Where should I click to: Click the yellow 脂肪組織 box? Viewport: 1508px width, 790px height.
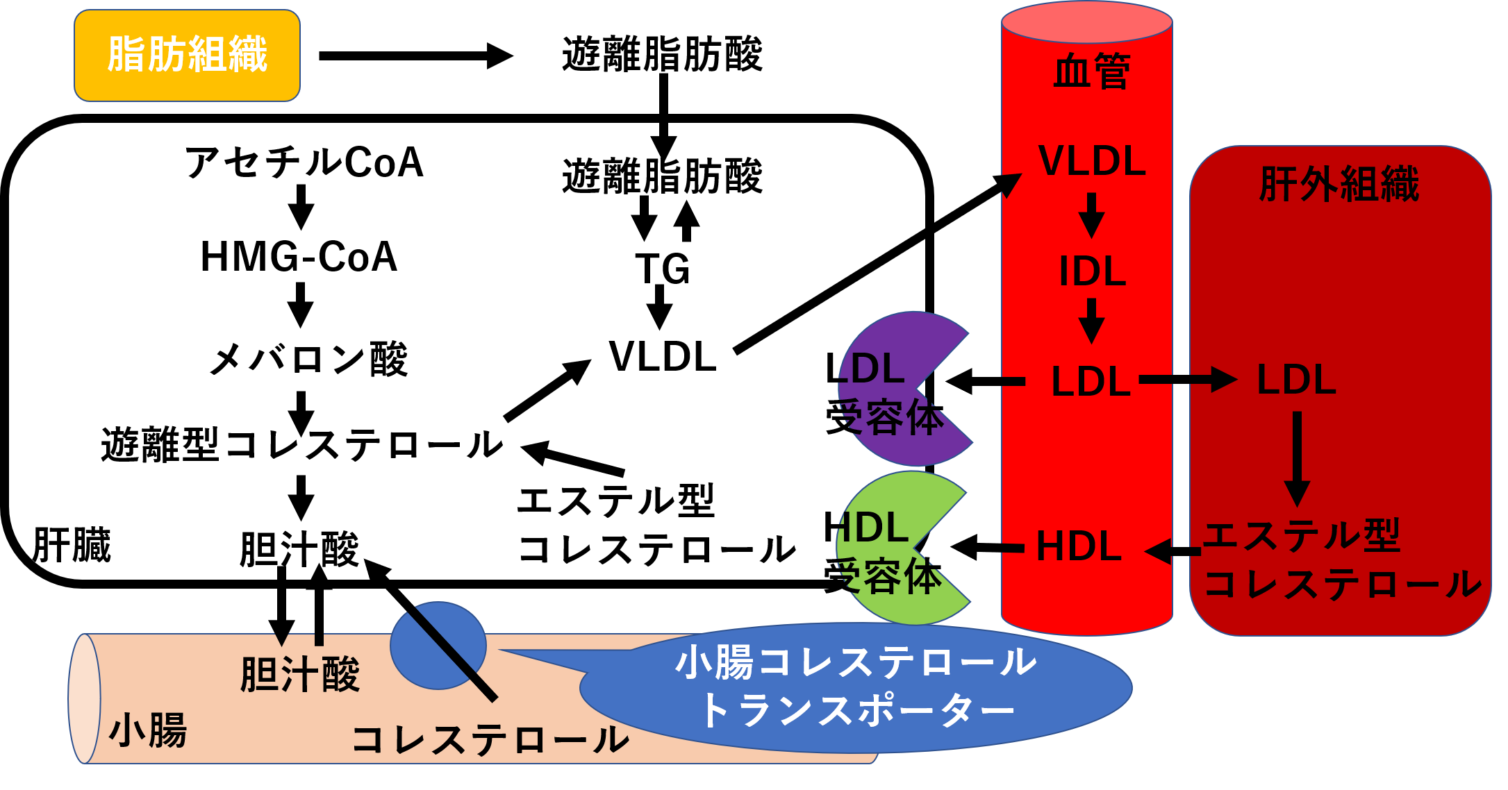(187, 56)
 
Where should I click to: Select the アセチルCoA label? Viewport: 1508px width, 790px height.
(304, 163)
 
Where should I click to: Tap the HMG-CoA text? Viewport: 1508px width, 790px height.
(299, 257)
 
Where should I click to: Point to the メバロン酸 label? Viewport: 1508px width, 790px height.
(308, 360)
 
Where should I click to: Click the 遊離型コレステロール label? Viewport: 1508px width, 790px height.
(301, 444)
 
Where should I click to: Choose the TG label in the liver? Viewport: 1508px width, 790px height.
(662, 269)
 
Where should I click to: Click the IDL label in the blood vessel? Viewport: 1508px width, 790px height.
(1091, 271)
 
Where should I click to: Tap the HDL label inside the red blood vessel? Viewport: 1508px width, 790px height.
(1079, 546)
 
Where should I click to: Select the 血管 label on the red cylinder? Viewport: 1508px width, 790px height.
(1091, 72)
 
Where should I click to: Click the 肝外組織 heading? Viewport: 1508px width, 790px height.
(1339, 185)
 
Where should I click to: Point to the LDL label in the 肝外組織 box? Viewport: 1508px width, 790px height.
(1296, 380)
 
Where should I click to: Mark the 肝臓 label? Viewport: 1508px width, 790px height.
(72, 545)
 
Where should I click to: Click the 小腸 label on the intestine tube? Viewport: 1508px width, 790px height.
(148, 731)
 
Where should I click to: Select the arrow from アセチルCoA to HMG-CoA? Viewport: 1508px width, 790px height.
(301, 207)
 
